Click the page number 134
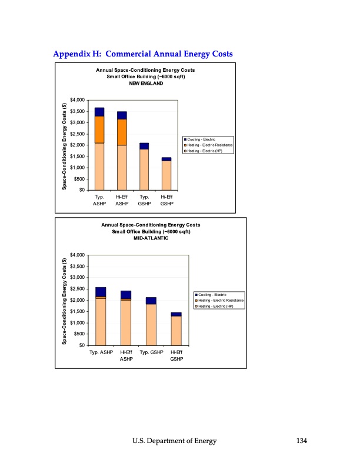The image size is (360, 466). pyautogui.click(x=300, y=441)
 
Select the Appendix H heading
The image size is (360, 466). pyautogui.click(x=143, y=54)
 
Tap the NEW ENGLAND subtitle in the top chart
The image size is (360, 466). pyautogui.click(x=146, y=84)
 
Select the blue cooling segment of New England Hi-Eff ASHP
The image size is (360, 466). pyautogui.click(x=122, y=115)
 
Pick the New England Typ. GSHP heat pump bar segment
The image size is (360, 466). pyautogui.click(x=144, y=169)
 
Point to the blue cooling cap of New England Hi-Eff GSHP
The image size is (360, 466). pyautogui.click(x=166, y=159)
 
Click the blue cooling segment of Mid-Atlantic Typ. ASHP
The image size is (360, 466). pyautogui.click(x=101, y=292)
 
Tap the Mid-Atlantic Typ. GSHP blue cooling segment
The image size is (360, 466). pyautogui.click(x=151, y=301)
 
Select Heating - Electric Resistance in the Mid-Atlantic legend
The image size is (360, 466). pyautogui.click(x=221, y=301)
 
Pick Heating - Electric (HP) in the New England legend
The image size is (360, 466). pyautogui.click(x=210, y=151)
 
